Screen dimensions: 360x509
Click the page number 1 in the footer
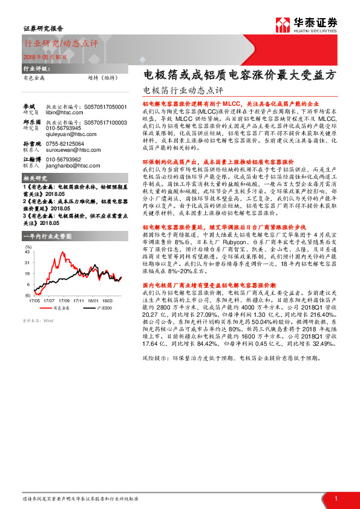click(x=335, y=498)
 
